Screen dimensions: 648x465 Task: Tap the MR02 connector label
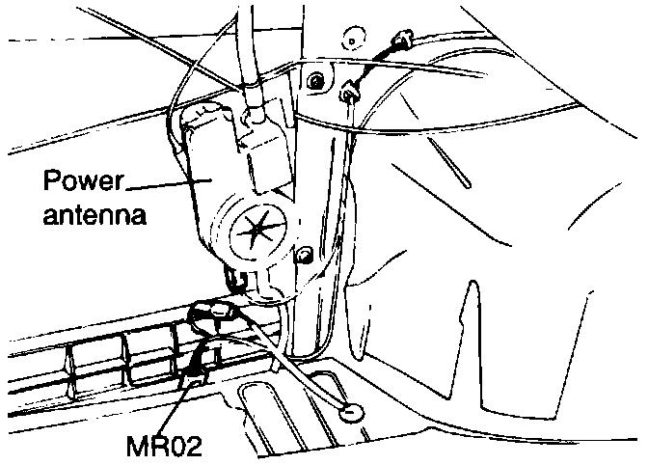click(x=166, y=446)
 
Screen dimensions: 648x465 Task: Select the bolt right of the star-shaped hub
click(x=305, y=255)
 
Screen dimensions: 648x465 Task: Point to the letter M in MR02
click(x=137, y=446)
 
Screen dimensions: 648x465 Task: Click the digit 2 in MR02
click(x=195, y=446)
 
